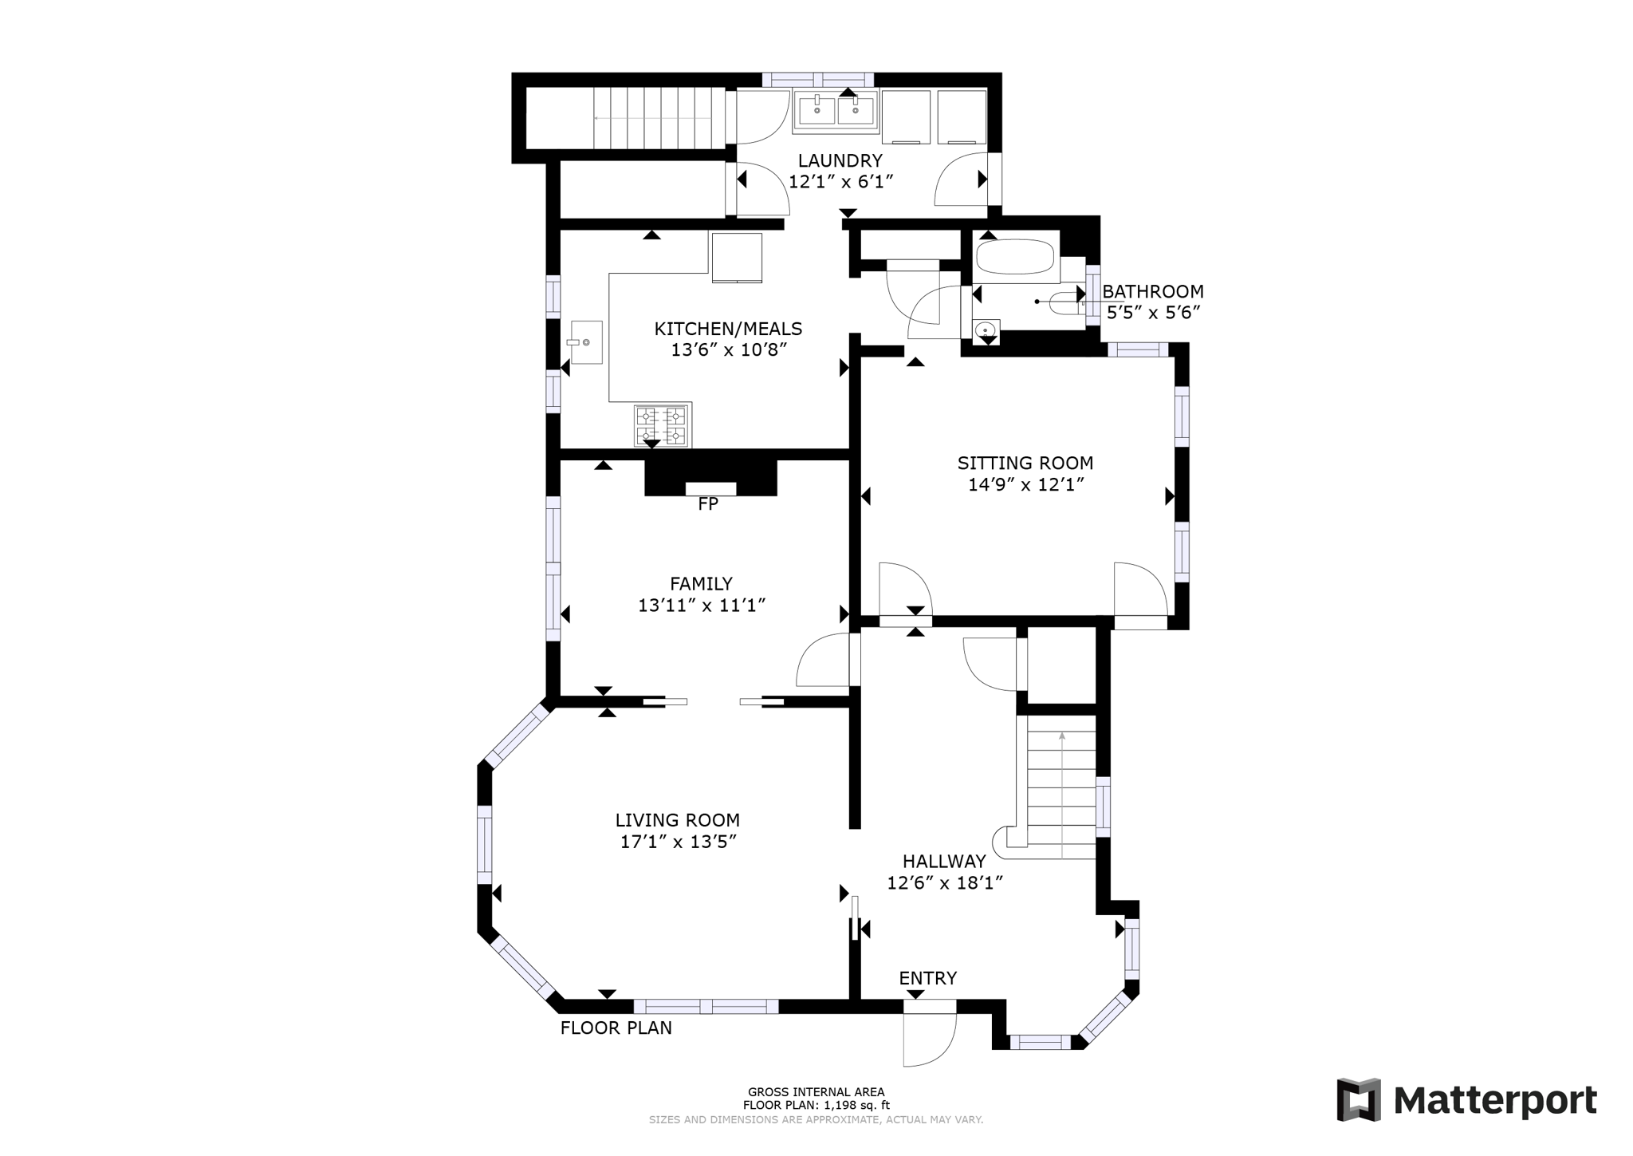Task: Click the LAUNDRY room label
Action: tap(840, 160)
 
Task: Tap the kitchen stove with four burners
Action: tap(662, 425)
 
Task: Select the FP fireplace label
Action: tap(707, 504)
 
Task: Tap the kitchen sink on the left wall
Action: tap(585, 341)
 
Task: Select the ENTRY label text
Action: tap(927, 979)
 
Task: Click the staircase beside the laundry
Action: tap(652, 118)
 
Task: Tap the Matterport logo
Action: tap(1466, 1101)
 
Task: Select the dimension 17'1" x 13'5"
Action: tap(678, 842)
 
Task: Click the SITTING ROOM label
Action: tap(1025, 463)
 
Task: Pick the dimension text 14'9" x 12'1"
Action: tap(1025, 484)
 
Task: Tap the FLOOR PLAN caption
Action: tap(616, 1028)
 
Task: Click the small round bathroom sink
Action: tap(987, 329)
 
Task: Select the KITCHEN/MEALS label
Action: tap(728, 329)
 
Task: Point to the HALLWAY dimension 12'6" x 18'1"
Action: tap(944, 883)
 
